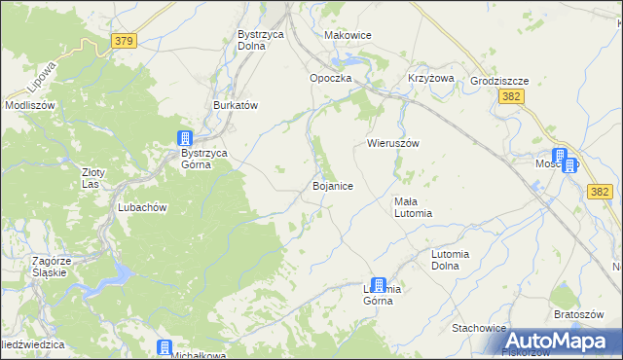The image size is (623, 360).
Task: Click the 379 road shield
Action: (x=124, y=41)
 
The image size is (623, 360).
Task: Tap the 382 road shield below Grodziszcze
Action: (x=513, y=97)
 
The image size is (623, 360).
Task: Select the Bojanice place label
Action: (x=332, y=185)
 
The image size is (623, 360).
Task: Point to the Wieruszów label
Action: (x=392, y=142)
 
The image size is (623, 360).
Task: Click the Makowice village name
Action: (x=348, y=35)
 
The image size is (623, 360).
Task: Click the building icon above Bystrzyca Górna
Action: (x=185, y=138)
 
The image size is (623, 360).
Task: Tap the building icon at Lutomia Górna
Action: (x=378, y=285)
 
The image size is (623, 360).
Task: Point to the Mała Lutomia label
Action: (x=412, y=207)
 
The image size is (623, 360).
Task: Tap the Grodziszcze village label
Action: (x=498, y=82)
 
